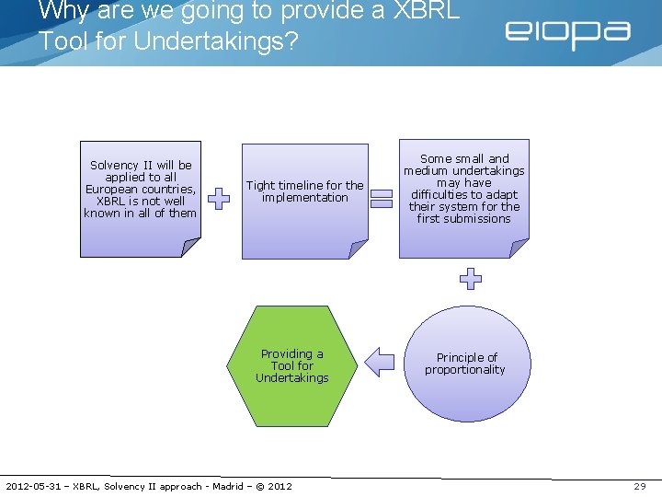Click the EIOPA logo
tap(566, 34)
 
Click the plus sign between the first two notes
tap(219, 198)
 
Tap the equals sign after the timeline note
tap(382, 198)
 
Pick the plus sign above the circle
tap(470, 279)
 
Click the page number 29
tap(640, 486)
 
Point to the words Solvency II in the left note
tap(118, 166)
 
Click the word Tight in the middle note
tap(261, 185)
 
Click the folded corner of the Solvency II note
tap(189, 247)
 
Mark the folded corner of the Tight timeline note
tap(359, 249)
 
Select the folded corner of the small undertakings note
tap(519, 248)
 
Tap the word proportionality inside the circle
tap(465, 370)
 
